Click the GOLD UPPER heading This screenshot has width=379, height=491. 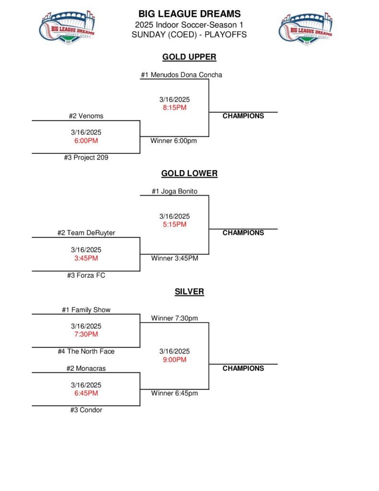coord(189,57)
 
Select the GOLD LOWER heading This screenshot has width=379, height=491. coord(189,174)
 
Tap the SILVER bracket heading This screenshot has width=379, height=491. coord(189,292)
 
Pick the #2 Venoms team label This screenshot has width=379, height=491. coord(86,116)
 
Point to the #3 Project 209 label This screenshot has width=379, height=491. coord(86,158)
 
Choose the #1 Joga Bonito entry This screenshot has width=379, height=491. coord(174,191)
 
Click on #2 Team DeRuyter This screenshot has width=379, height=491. coord(86,233)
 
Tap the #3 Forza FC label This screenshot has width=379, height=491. coord(86,276)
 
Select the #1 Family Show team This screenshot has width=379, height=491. coord(86,310)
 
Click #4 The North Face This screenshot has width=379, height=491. coord(86,351)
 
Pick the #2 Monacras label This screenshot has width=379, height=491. coord(86,369)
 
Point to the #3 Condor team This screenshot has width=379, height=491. coord(86,410)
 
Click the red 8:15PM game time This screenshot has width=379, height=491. coord(174,108)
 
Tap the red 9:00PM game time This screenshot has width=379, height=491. coord(174,360)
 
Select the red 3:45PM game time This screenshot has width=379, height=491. coord(86,258)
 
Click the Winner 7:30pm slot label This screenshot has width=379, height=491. coord(174,318)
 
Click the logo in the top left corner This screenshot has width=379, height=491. coord(67,28)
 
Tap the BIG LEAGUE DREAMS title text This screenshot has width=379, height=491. coord(189,14)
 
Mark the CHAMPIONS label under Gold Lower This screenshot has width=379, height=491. coord(243,233)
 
